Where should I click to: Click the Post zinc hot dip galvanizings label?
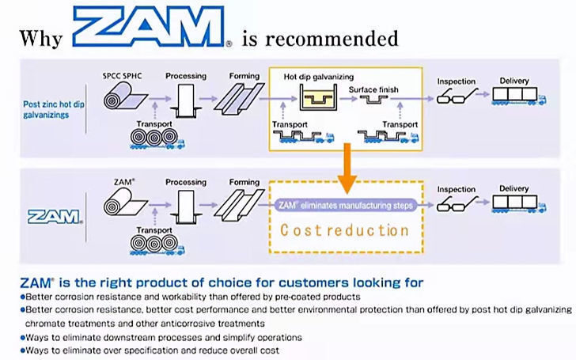pyautogui.click(x=53, y=108)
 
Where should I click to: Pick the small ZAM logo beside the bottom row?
pyautogui.click(x=52, y=215)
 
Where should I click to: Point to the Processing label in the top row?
pyautogui.click(x=186, y=77)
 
